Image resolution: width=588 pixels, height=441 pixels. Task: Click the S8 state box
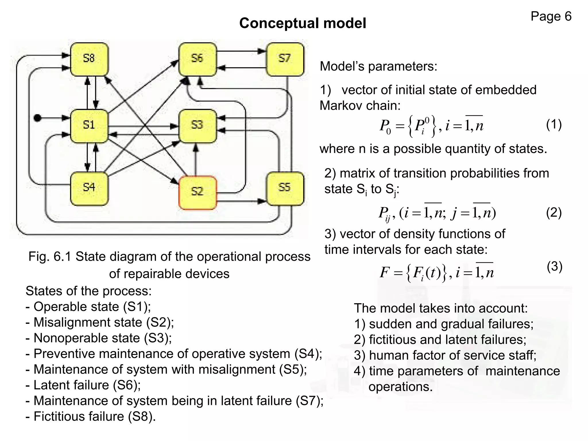tap(89, 59)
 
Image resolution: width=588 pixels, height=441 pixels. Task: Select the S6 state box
tap(198, 59)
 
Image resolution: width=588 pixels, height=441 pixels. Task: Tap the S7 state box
tap(285, 59)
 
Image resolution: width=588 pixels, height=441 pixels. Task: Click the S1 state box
tap(89, 126)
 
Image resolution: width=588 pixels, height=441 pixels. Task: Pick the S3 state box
tap(198, 126)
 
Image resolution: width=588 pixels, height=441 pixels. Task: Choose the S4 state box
tap(89, 188)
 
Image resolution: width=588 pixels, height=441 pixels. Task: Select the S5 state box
tap(285, 188)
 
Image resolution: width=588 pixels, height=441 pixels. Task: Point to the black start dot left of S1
tap(37, 118)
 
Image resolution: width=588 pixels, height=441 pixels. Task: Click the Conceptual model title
tap(303, 23)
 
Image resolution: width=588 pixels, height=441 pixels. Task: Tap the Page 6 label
tap(551, 16)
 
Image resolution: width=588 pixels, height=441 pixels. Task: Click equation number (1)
tap(554, 125)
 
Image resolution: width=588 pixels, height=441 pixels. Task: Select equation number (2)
tap(554, 213)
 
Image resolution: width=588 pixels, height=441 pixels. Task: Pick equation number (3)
tap(554, 266)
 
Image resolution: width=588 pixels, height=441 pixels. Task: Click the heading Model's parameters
tap(378, 66)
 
